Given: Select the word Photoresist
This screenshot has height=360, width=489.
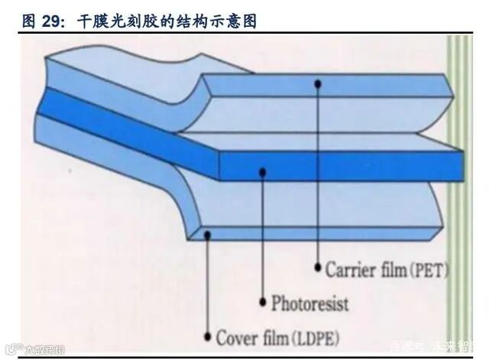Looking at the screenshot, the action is pyautogui.click(x=309, y=303).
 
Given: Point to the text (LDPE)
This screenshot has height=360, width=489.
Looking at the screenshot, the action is pyautogui.click(x=313, y=337).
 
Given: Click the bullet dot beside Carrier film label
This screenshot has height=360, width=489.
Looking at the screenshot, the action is pyautogui.click(x=317, y=268).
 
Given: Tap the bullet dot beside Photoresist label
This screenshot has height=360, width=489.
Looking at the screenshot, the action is pyautogui.click(x=263, y=302).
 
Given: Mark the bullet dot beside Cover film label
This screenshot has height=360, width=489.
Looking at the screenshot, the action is pyautogui.click(x=208, y=336).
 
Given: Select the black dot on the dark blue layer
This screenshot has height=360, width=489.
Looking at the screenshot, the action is pyautogui.click(x=263, y=172).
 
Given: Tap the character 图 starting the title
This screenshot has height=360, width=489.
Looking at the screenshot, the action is pyautogui.click(x=29, y=21).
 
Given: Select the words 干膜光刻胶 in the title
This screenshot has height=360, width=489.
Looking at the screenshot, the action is pyautogui.click(x=114, y=21).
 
